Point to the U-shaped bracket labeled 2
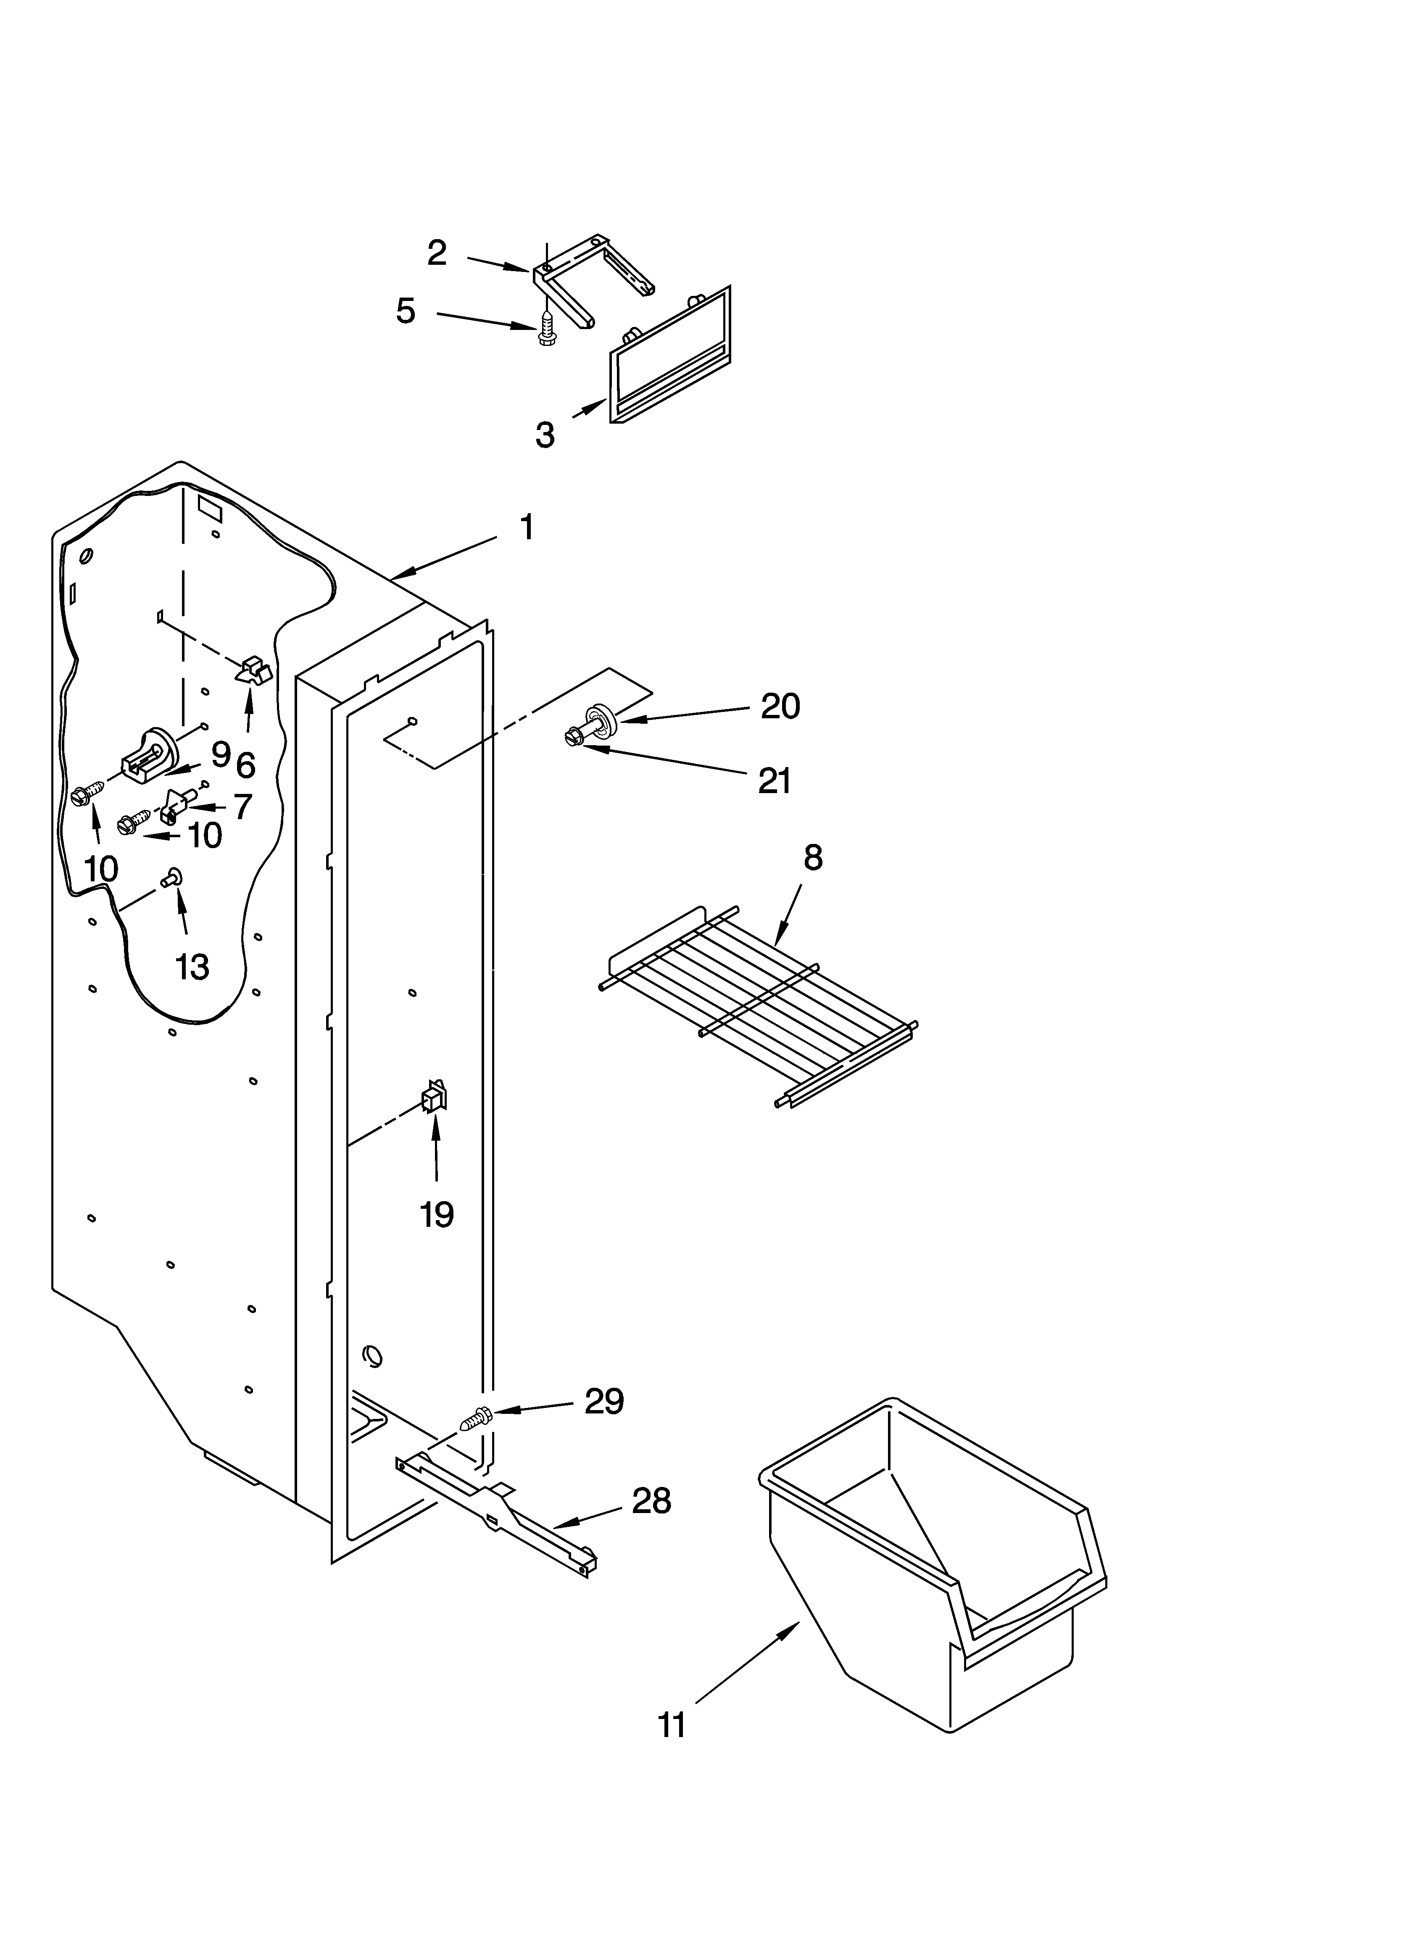pos(591,278)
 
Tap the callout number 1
pos(527,527)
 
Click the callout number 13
pos(192,966)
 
